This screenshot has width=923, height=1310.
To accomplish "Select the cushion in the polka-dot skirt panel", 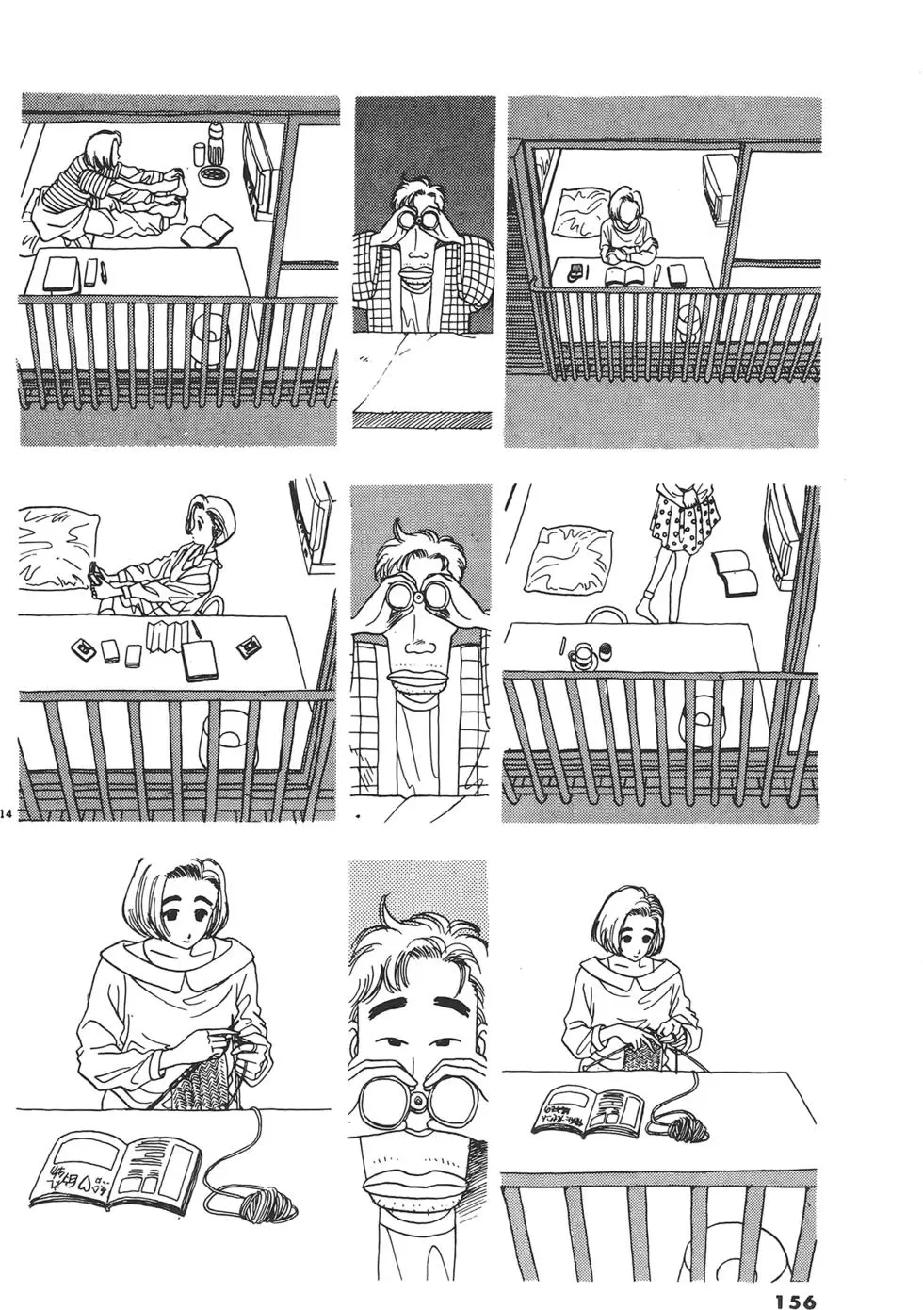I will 566,568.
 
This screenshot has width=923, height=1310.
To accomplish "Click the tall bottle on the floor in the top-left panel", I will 216,142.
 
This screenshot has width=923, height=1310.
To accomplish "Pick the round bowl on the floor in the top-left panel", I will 214,176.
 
